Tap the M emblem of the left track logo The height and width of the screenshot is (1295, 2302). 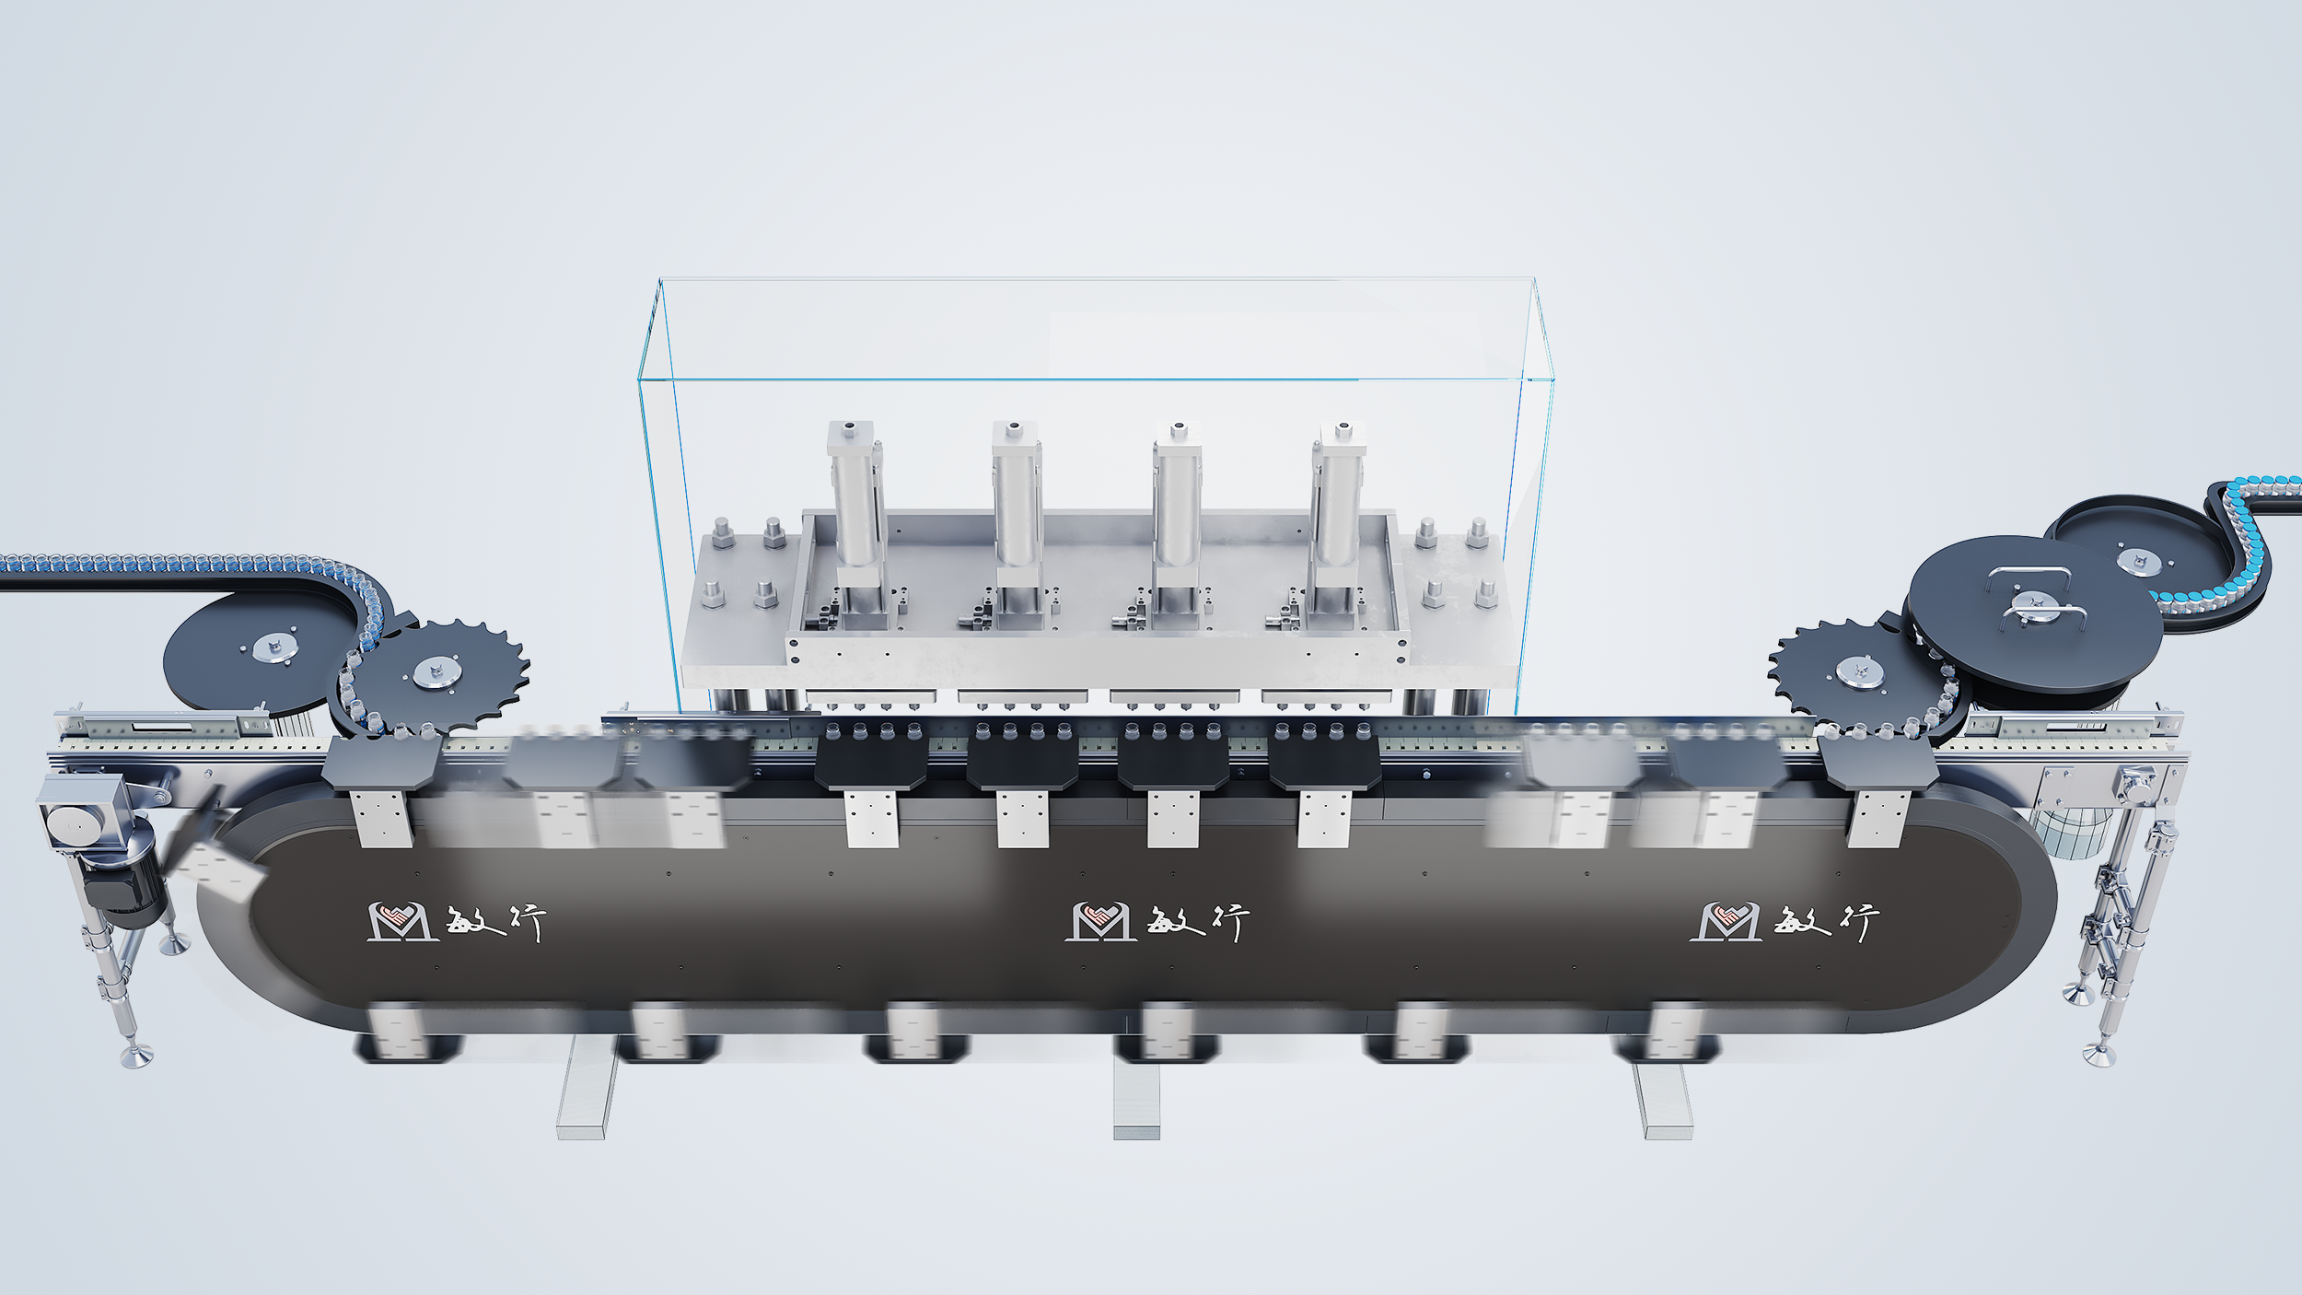point(403,921)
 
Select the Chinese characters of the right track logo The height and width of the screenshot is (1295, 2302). point(1827,922)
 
